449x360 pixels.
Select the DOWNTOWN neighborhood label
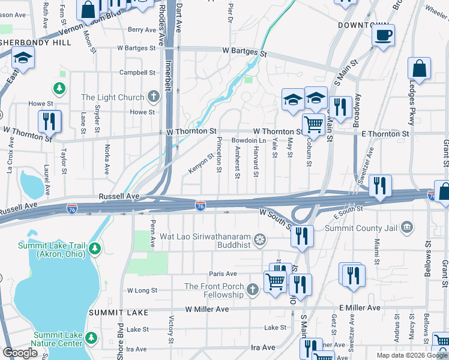click(x=364, y=25)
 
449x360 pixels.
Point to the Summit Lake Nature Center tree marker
click(x=91, y=339)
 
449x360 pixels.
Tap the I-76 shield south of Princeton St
click(x=200, y=206)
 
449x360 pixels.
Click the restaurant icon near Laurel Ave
click(x=49, y=121)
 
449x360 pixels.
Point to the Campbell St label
click(x=137, y=73)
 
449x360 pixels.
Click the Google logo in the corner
click(x=20, y=352)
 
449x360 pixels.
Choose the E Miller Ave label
click(x=360, y=308)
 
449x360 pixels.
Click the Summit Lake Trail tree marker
click(x=94, y=248)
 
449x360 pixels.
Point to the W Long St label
click(x=142, y=290)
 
